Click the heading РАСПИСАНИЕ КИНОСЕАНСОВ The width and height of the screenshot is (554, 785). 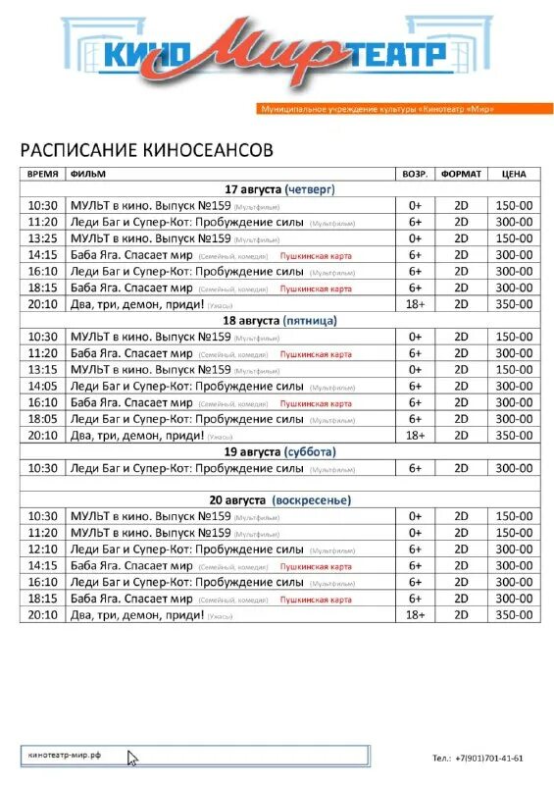click(147, 150)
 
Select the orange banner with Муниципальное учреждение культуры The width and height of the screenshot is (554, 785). click(377, 108)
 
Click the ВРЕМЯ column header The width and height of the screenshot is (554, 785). click(43, 174)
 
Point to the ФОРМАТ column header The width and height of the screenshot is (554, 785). click(461, 174)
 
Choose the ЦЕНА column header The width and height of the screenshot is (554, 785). click(513, 174)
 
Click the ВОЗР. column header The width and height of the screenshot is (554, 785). click(415, 174)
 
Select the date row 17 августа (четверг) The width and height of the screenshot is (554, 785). click(279, 189)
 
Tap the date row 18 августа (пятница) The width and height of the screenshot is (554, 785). click(279, 321)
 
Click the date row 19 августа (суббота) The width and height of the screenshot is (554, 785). click(279, 452)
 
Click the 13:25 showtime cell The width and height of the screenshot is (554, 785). click(43, 238)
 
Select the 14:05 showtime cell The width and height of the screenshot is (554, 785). click(43, 387)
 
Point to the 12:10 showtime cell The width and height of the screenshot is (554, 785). click(43, 549)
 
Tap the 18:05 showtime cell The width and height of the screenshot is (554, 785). click(43, 419)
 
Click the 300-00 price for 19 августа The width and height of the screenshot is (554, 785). click(513, 468)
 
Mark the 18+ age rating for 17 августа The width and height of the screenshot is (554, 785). click(415, 304)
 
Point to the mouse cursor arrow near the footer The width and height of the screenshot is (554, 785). click(132, 758)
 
